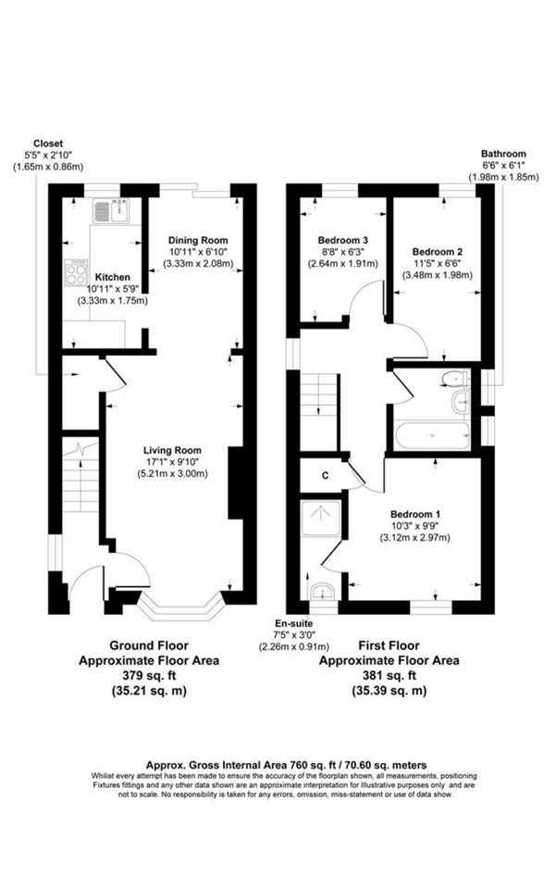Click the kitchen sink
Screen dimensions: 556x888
coord(111,211)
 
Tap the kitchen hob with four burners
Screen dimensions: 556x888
coord(77,272)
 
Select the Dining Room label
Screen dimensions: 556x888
coord(198,240)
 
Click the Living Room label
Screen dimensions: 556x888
coord(172,451)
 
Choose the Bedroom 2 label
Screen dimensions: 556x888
coord(438,252)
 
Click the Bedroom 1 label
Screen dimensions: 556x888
coord(415,514)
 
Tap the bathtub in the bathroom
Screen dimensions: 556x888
coord(433,435)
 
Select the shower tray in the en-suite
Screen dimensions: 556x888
coord(321,518)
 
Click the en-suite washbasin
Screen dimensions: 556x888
coord(323,592)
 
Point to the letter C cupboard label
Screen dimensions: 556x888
coord(326,476)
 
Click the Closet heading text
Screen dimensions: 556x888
coord(48,144)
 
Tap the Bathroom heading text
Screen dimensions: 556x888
coord(503,154)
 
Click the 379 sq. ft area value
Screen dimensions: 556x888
coord(149,675)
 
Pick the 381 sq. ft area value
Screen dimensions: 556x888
coord(389,675)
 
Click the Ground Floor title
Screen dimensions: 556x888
coord(149,645)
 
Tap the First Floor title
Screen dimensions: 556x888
coord(389,645)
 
